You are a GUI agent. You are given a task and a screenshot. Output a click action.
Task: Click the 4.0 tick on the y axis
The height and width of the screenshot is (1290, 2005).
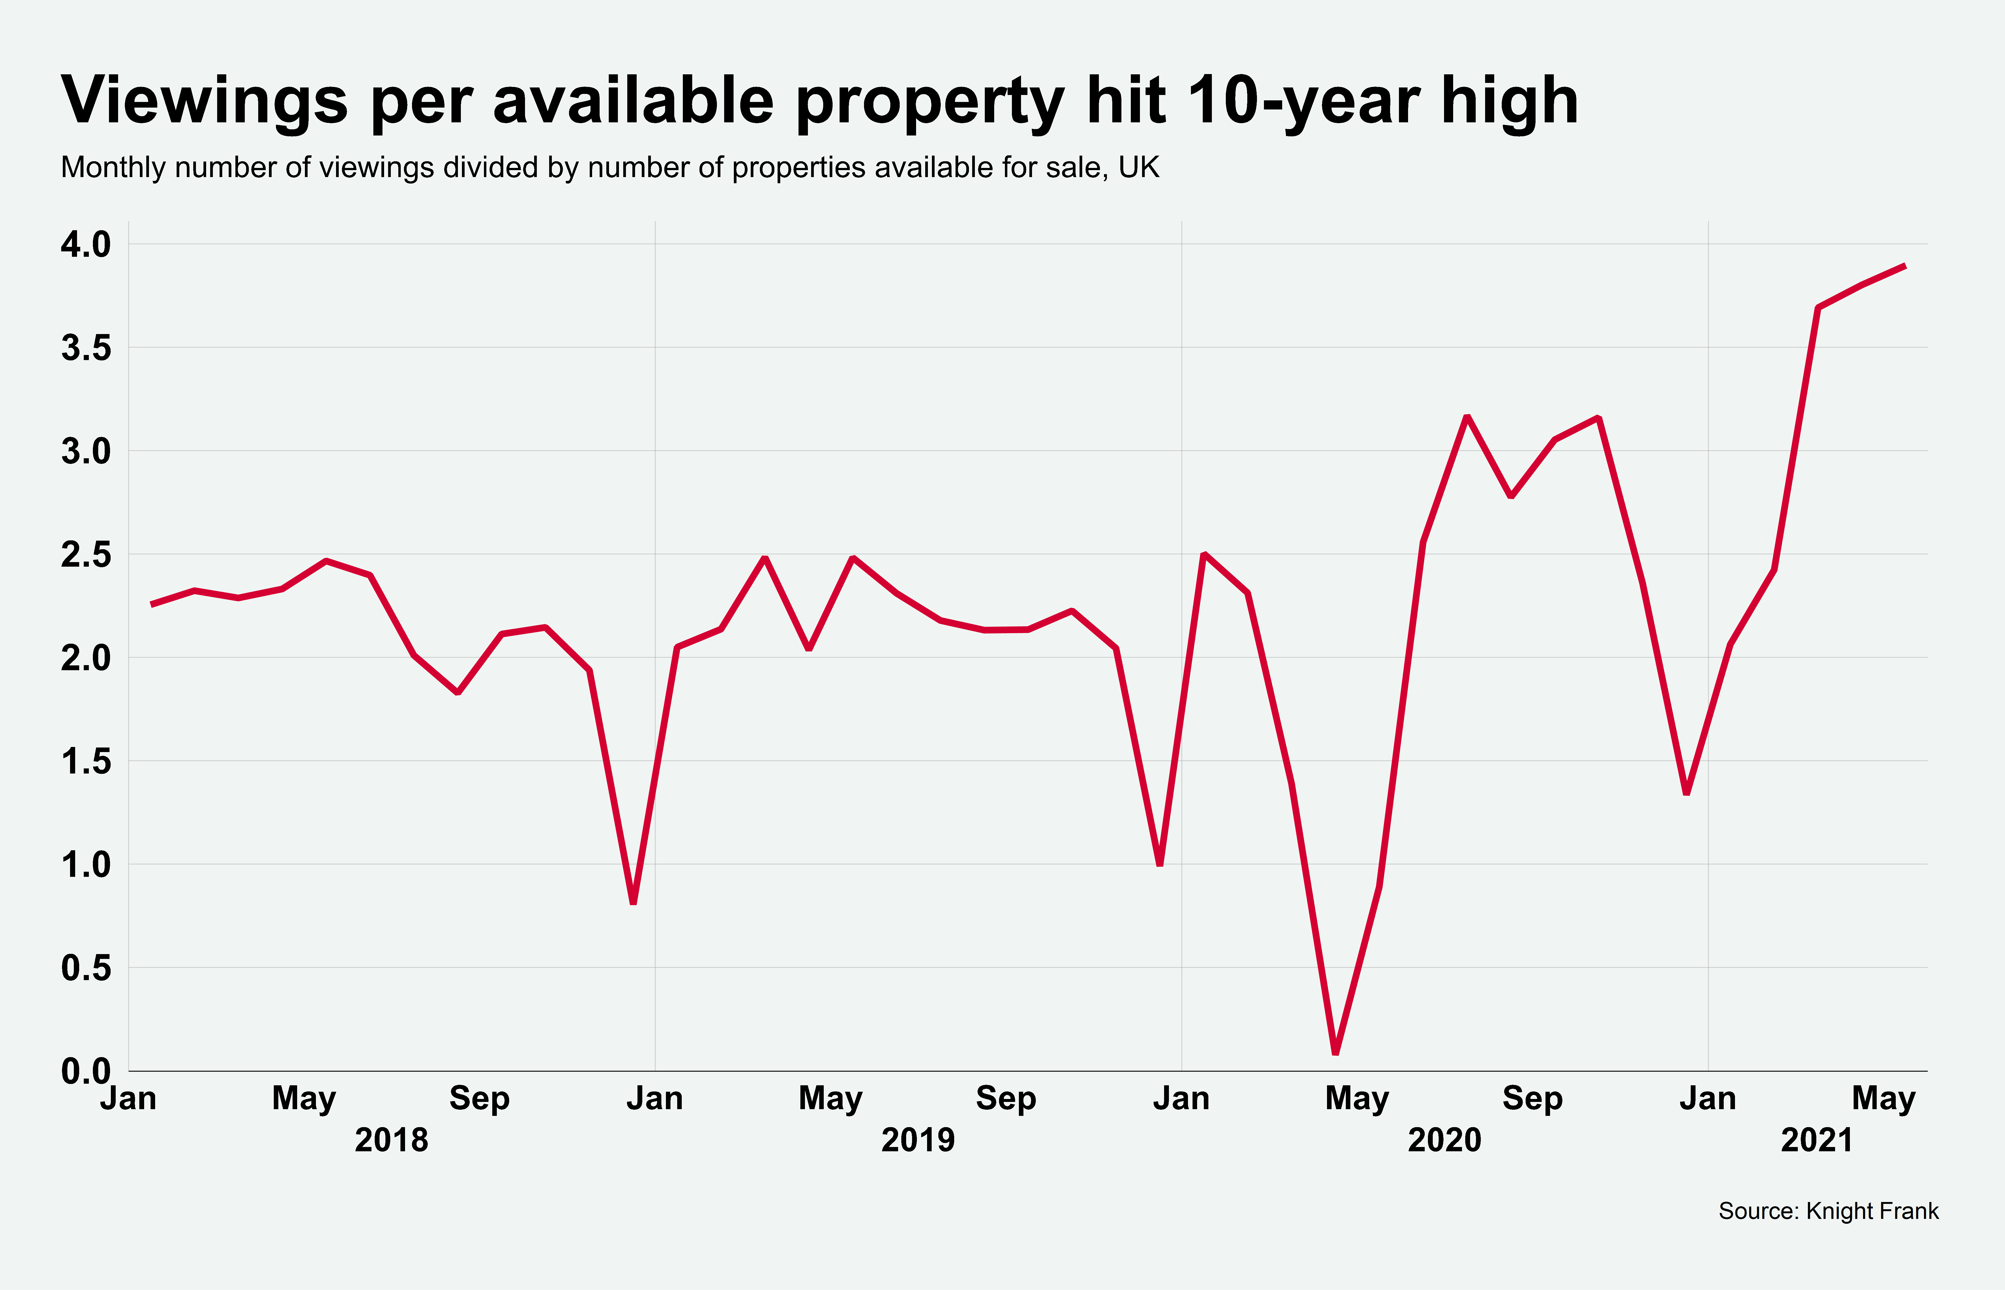coord(85,245)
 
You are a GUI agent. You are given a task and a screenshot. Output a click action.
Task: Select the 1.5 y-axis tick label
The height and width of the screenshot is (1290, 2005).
coord(85,761)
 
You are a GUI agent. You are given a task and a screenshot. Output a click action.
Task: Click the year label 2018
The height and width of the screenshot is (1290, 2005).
coord(391,1140)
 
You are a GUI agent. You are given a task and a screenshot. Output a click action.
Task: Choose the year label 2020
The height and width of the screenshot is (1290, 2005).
coord(1445,1140)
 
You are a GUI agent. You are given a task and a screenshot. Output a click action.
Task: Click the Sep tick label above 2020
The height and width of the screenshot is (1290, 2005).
coord(1532,1098)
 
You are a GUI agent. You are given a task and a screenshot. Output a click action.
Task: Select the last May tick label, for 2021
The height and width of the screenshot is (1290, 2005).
coord(1883,1098)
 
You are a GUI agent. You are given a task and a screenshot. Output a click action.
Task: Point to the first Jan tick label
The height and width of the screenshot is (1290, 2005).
coord(128,1098)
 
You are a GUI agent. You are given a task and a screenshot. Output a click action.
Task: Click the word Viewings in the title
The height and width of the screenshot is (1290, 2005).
coord(204,101)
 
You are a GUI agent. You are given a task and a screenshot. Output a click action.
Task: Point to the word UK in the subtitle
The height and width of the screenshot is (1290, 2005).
coord(1139,167)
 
